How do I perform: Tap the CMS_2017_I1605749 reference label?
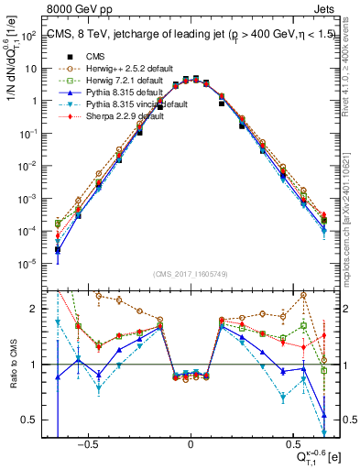(191, 275)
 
